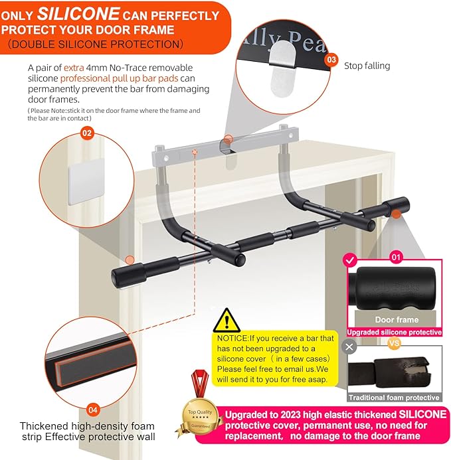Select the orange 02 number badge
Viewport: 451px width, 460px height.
coord(87,132)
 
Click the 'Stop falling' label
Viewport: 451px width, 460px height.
coord(367,65)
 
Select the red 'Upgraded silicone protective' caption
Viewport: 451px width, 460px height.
coord(394,332)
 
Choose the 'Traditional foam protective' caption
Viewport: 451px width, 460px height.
coord(394,398)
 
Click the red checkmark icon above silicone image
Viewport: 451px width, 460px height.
coord(351,260)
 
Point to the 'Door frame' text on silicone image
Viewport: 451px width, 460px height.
coord(396,320)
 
